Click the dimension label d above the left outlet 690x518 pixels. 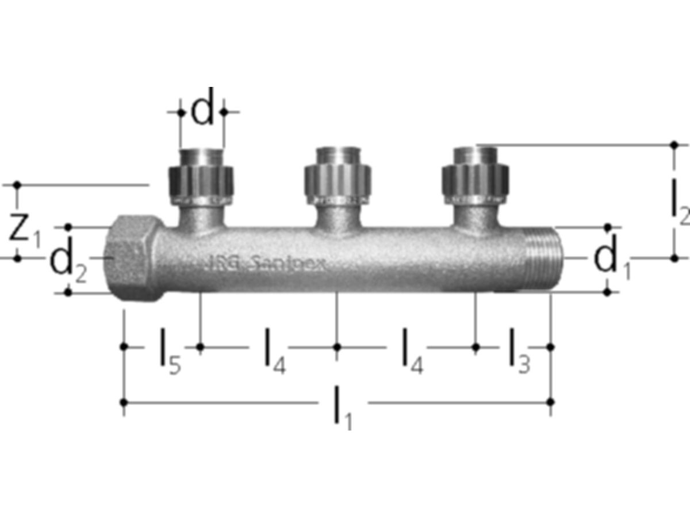click(x=202, y=112)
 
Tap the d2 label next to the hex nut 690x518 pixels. click(x=67, y=264)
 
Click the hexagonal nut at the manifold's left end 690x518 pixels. click(x=134, y=258)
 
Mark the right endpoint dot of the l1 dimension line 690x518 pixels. click(x=551, y=401)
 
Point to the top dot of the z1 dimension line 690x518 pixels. click(x=17, y=185)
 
